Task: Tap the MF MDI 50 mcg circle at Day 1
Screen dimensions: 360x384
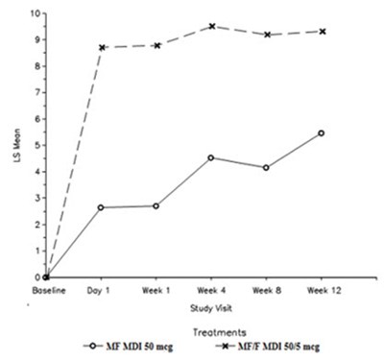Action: (101, 207)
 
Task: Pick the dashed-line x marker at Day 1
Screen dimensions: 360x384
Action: (101, 47)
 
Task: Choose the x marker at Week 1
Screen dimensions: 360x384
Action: (156, 45)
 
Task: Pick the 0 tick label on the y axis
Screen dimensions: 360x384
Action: (36, 277)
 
